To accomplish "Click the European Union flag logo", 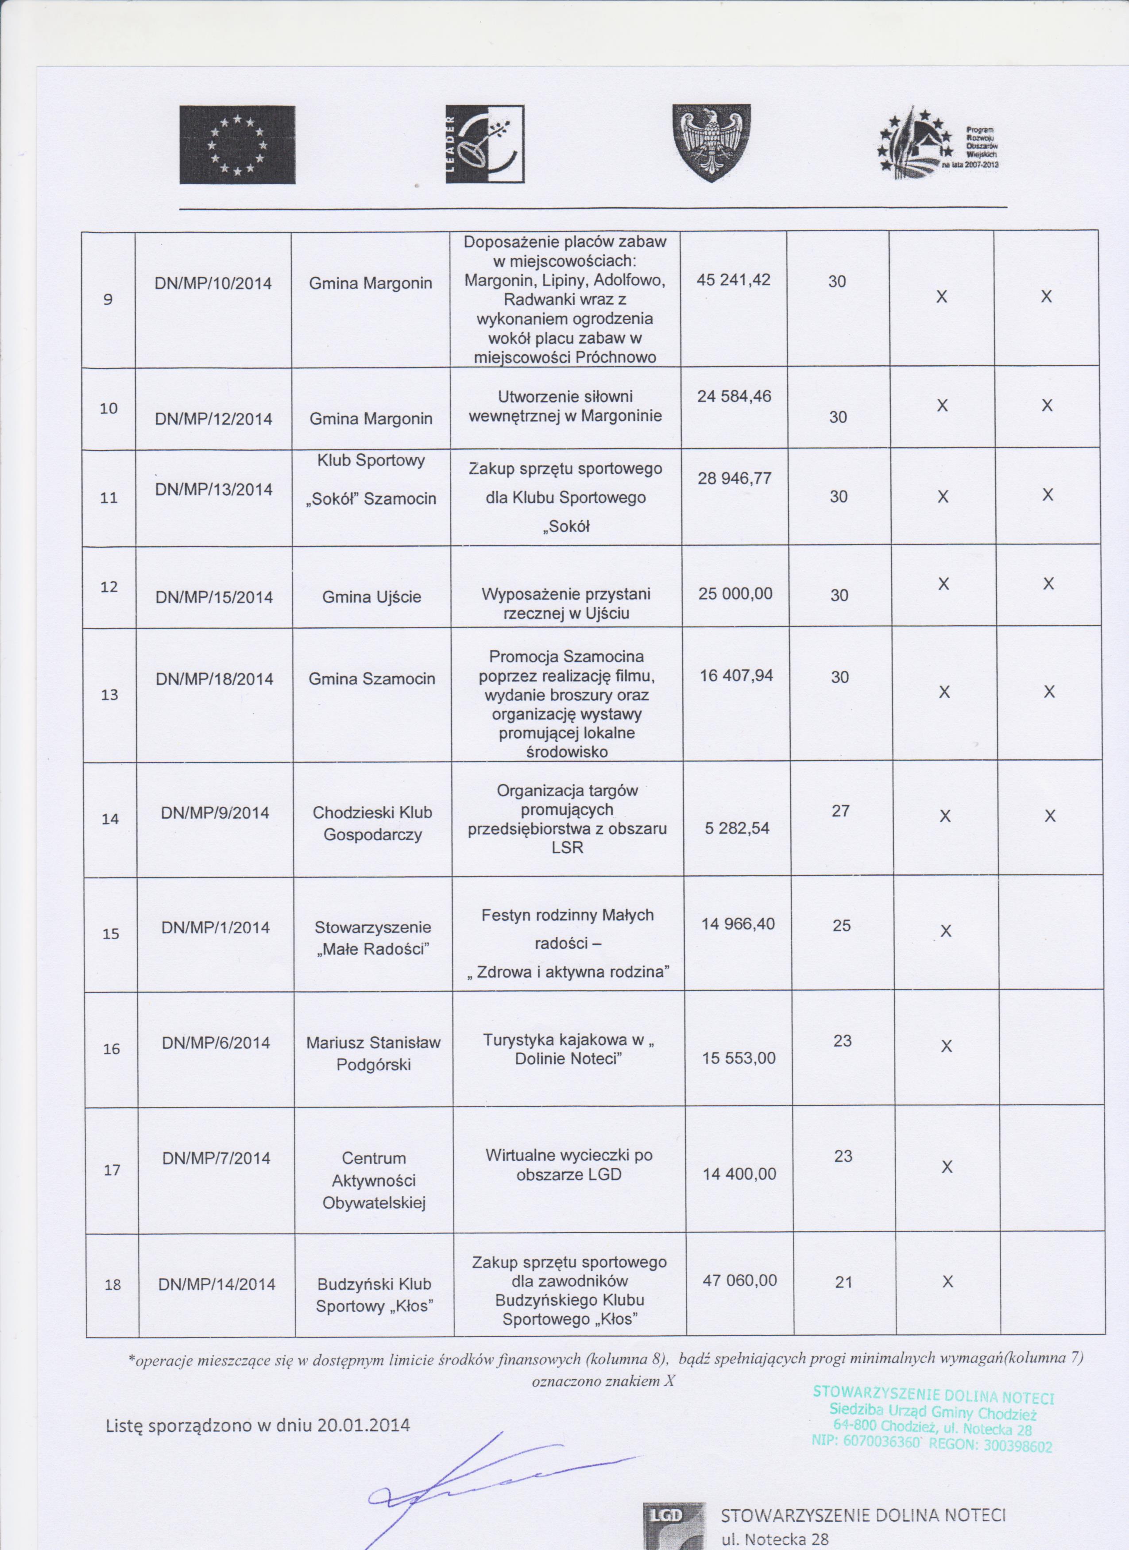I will (x=237, y=145).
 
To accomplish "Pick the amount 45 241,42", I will (x=734, y=279).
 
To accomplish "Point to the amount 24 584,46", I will (x=734, y=396).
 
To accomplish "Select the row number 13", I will (x=109, y=694).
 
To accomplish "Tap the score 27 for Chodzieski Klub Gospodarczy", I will (x=841, y=811).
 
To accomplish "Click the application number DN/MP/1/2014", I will (x=215, y=928).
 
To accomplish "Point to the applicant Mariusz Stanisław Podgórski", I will (x=373, y=1053).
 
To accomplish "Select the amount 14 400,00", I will (x=739, y=1174).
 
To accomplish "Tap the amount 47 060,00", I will (x=739, y=1280).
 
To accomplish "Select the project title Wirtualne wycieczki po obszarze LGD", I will (x=568, y=1164).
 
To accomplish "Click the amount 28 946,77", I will (x=734, y=478).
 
